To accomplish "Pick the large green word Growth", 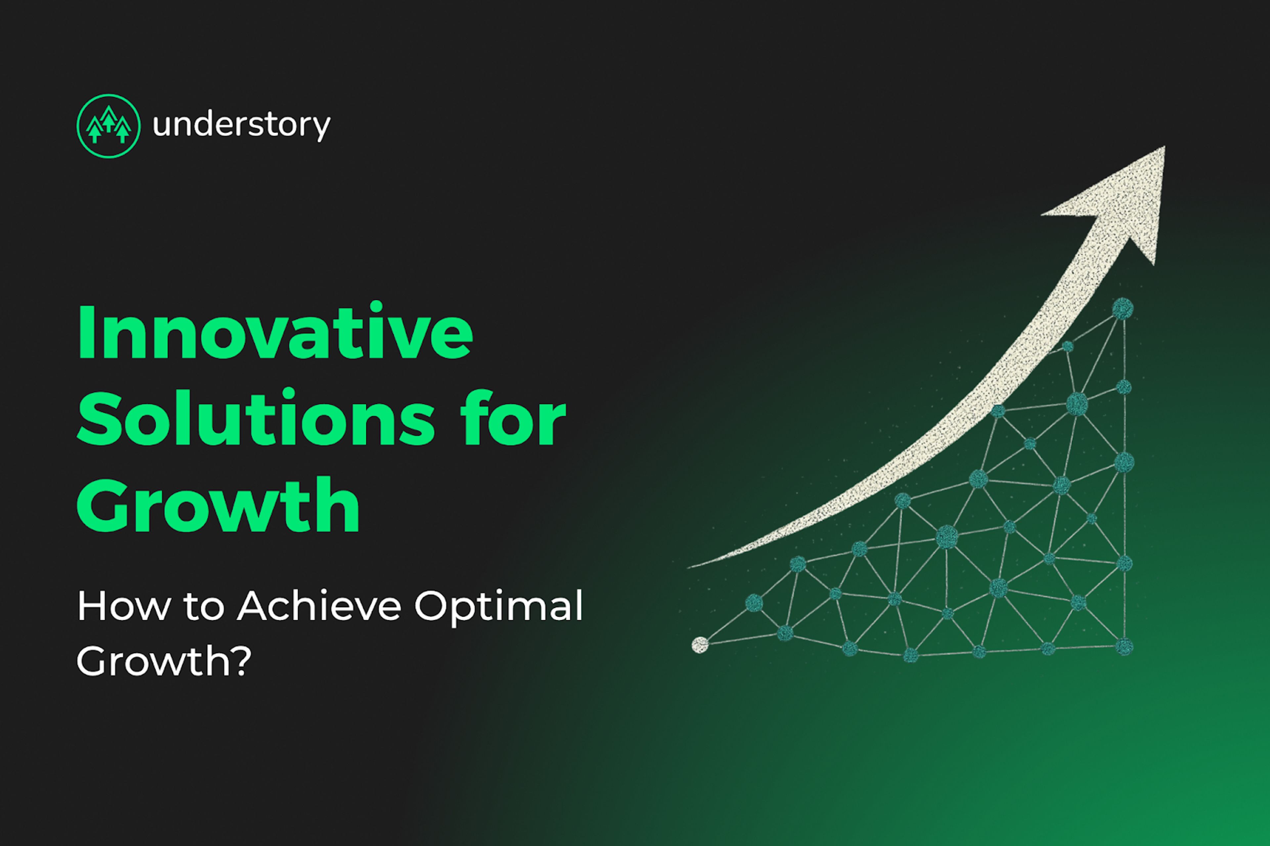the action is pyautogui.click(x=218, y=504).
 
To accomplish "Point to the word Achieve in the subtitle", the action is pyautogui.click(x=319, y=606).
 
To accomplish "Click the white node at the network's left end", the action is pyautogui.click(x=700, y=645).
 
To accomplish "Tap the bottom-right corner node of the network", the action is pyautogui.click(x=1124, y=646).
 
